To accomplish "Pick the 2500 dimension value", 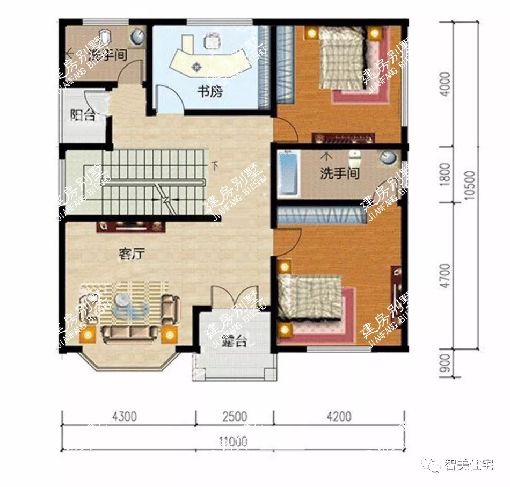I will click(x=234, y=417).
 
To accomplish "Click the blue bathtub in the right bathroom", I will click(x=288, y=173).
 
